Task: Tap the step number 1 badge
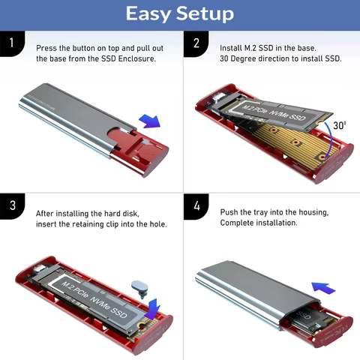tap(10, 43)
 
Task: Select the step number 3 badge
tap(10, 206)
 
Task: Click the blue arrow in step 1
tap(150, 121)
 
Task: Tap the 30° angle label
tap(339, 125)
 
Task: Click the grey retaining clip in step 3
tap(138, 285)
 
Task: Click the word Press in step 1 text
tap(46, 48)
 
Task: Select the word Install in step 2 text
tap(232, 48)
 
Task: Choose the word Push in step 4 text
tap(229, 213)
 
